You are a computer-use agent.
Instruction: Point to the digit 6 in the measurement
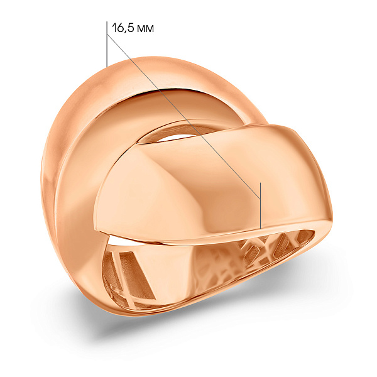pyautogui.click(x=120, y=28)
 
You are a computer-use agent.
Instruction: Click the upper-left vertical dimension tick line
pyautogui.click(x=107, y=44)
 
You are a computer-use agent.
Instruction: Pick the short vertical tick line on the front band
pyautogui.click(x=260, y=205)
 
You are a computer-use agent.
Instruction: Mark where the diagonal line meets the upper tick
pyautogui.click(x=107, y=35)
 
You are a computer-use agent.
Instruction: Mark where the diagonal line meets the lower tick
pyautogui.click(x=260, y=199)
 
